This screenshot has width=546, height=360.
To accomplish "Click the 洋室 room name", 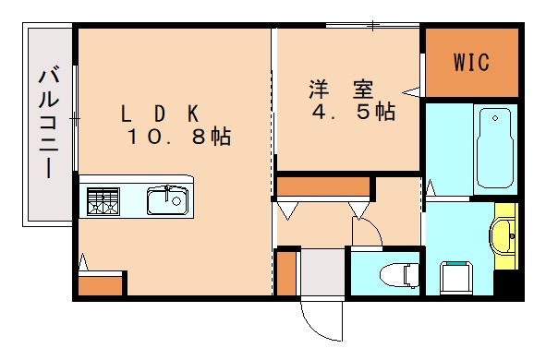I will (341, 90).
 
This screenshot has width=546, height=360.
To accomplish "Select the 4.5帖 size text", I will (352, 113).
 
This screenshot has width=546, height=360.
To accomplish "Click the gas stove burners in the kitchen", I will (103, 200).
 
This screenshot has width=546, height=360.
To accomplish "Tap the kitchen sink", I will (166, 200).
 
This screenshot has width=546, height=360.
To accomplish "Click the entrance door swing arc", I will (319, 323).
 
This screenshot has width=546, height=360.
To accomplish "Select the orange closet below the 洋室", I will (323, 186).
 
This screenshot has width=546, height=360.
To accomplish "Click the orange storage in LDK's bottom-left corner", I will (101, 284).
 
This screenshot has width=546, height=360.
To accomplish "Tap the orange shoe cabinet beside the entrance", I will (286, 271).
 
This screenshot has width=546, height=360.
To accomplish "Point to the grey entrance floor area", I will (322, 271).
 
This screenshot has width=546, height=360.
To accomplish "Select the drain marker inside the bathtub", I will (496, 118).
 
